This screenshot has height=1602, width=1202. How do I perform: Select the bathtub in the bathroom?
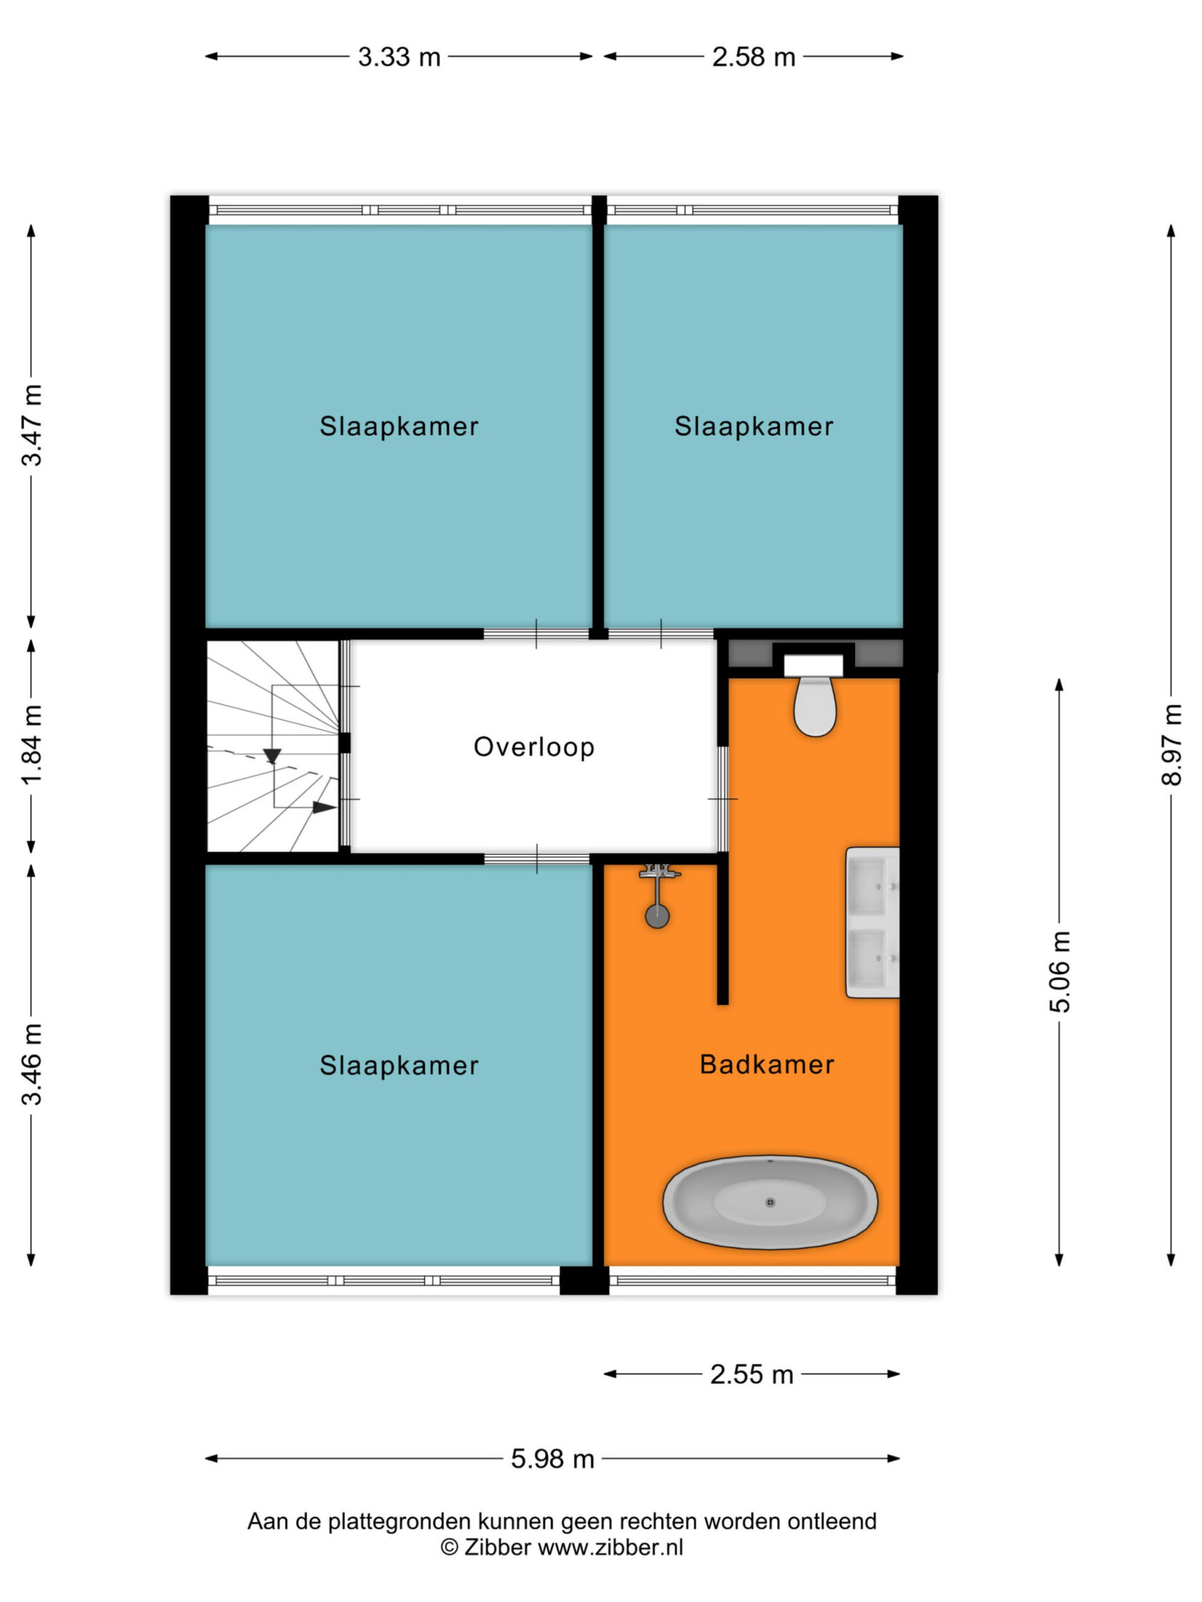pyautogui.click(x=770, y=1202)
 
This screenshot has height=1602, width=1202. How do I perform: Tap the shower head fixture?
pyautogui.click(x=658, y=895)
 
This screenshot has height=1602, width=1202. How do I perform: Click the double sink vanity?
pyautogui.click(x=872, y=922)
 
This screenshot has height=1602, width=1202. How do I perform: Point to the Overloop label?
pyautogui.click(x=534, y=747)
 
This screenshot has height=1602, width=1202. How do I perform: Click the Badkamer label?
pyautogui.click(x=766, y=1065)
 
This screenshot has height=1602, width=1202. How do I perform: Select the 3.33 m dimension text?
pyautogui.click(x=399, y=57)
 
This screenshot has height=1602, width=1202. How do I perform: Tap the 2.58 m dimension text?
pyautogui.click(x=753, y=57)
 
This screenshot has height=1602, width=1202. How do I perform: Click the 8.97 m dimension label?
pyautogui.click(x=1171, y=744)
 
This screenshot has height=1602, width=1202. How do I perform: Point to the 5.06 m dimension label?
pyautogui.click(x=1061, y=971)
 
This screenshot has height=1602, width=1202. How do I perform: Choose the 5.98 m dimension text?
pyautogui.click(x=552, y=1459)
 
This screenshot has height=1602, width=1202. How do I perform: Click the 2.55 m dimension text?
pyautogui.click(x=752, y=1374)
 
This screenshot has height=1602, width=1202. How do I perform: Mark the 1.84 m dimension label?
pyautogui.click(x=32, y=744)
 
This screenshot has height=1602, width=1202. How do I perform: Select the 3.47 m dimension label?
pyautogui.click(x=32, y=425)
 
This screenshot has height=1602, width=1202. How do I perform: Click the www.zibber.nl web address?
pyautogui.click(x=610, y=1547)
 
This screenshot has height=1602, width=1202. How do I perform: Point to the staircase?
pyautogui.click(x=273, y=746)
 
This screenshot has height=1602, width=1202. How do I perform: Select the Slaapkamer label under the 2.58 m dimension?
pyautogui.click(x=753, y=426)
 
